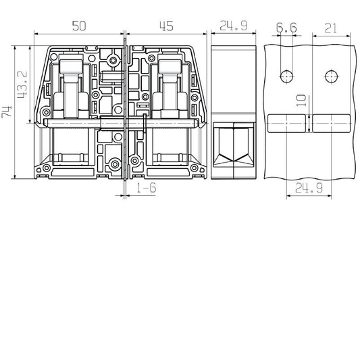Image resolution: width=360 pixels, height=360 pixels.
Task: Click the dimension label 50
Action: [x=79, y=26]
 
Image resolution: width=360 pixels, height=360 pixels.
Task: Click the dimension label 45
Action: [x=166, y=26]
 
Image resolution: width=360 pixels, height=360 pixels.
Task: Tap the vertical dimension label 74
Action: [x=7, y=112]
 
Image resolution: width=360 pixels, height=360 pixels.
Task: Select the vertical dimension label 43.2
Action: [x=22, y=84]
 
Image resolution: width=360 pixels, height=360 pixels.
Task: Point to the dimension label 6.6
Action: [x=286, y=28]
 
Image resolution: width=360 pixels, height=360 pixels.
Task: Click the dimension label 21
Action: [x=330, y=28]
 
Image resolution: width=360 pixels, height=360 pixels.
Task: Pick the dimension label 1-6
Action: [x=147, y=188]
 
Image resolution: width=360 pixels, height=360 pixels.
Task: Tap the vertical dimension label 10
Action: [x=301, y=101]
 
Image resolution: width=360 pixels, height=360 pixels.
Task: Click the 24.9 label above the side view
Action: [x=234, y=26]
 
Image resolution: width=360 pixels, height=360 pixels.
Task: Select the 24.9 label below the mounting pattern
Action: [x=309, y=188]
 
